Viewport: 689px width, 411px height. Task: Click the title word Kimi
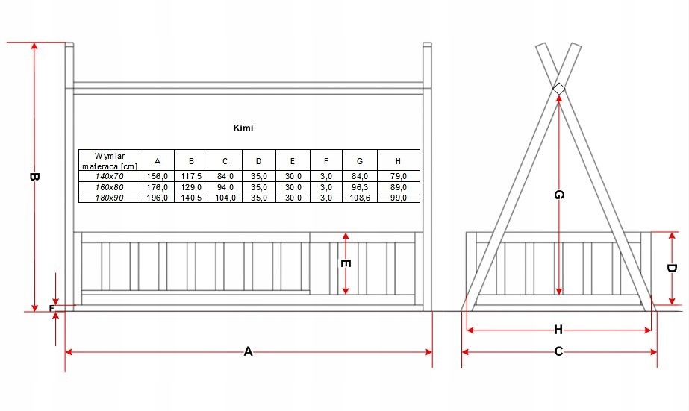point(243,128)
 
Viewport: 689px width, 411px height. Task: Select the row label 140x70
point(109,175)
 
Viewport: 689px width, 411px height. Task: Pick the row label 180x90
point(109,197)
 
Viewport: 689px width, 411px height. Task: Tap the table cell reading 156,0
point(157,175)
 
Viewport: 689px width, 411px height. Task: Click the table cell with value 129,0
point(191,186)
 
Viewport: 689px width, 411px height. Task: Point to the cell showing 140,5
point(191,197)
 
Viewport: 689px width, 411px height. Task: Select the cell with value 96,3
point(360,186)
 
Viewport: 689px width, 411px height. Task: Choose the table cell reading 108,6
point(360,197)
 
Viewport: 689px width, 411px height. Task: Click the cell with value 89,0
point(398,186)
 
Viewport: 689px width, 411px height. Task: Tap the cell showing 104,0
point(225,197)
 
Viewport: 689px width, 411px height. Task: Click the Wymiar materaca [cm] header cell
point(109,160)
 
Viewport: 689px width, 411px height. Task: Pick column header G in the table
point(360,160)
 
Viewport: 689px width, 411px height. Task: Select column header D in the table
point(258,160)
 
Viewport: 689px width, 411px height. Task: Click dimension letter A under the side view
point(249,352)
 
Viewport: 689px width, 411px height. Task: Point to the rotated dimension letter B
point(34,177)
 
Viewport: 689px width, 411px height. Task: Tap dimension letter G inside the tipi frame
point(558,195)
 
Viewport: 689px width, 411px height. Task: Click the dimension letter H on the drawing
point(558,330)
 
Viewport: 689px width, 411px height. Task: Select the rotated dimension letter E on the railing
point(345,263)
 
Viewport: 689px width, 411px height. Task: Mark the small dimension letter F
point(52,307)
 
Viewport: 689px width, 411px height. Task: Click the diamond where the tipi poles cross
point(558,90)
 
